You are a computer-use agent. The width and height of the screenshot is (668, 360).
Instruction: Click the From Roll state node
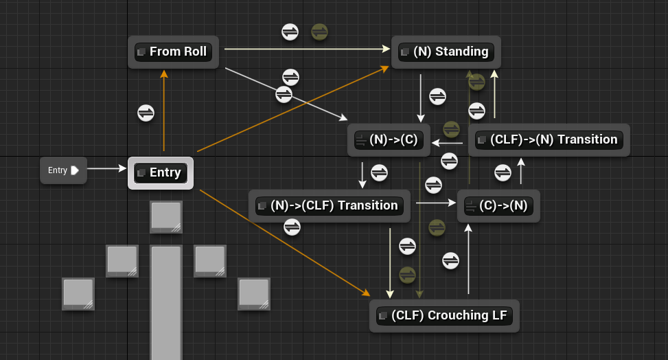coord(173,52)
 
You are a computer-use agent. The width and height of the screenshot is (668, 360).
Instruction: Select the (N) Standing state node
coord(446,52)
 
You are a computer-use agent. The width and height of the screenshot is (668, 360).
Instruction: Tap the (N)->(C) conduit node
coord(389,140)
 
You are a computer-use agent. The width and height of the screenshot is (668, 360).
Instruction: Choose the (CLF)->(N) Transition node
coord(549,140)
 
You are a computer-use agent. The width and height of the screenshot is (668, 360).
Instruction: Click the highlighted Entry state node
coord(161,173)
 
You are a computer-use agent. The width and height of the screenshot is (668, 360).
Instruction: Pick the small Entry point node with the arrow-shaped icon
coord(63,170)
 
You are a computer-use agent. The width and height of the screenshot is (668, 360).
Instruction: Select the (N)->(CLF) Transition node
coord(330,206)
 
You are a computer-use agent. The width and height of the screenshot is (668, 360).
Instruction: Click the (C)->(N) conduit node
coord(498,206)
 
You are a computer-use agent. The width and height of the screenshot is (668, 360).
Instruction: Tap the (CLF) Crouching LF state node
coord(444,316)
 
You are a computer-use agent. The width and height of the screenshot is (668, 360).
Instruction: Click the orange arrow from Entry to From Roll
coord(163,110)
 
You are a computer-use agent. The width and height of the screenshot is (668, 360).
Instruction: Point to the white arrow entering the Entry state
coord(107,168)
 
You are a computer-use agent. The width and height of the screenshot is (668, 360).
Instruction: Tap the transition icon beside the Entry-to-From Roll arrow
coord(146,113)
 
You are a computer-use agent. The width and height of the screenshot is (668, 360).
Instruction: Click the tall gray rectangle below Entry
coord(166,302)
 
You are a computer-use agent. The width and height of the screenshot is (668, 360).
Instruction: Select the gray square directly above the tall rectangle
coord(166,217)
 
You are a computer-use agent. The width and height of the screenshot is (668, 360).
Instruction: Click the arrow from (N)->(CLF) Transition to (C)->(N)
coord(435,203)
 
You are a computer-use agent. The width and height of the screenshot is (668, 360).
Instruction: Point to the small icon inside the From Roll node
coord(142,52)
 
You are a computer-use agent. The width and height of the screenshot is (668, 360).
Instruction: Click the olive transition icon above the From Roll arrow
coord(319,31)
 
